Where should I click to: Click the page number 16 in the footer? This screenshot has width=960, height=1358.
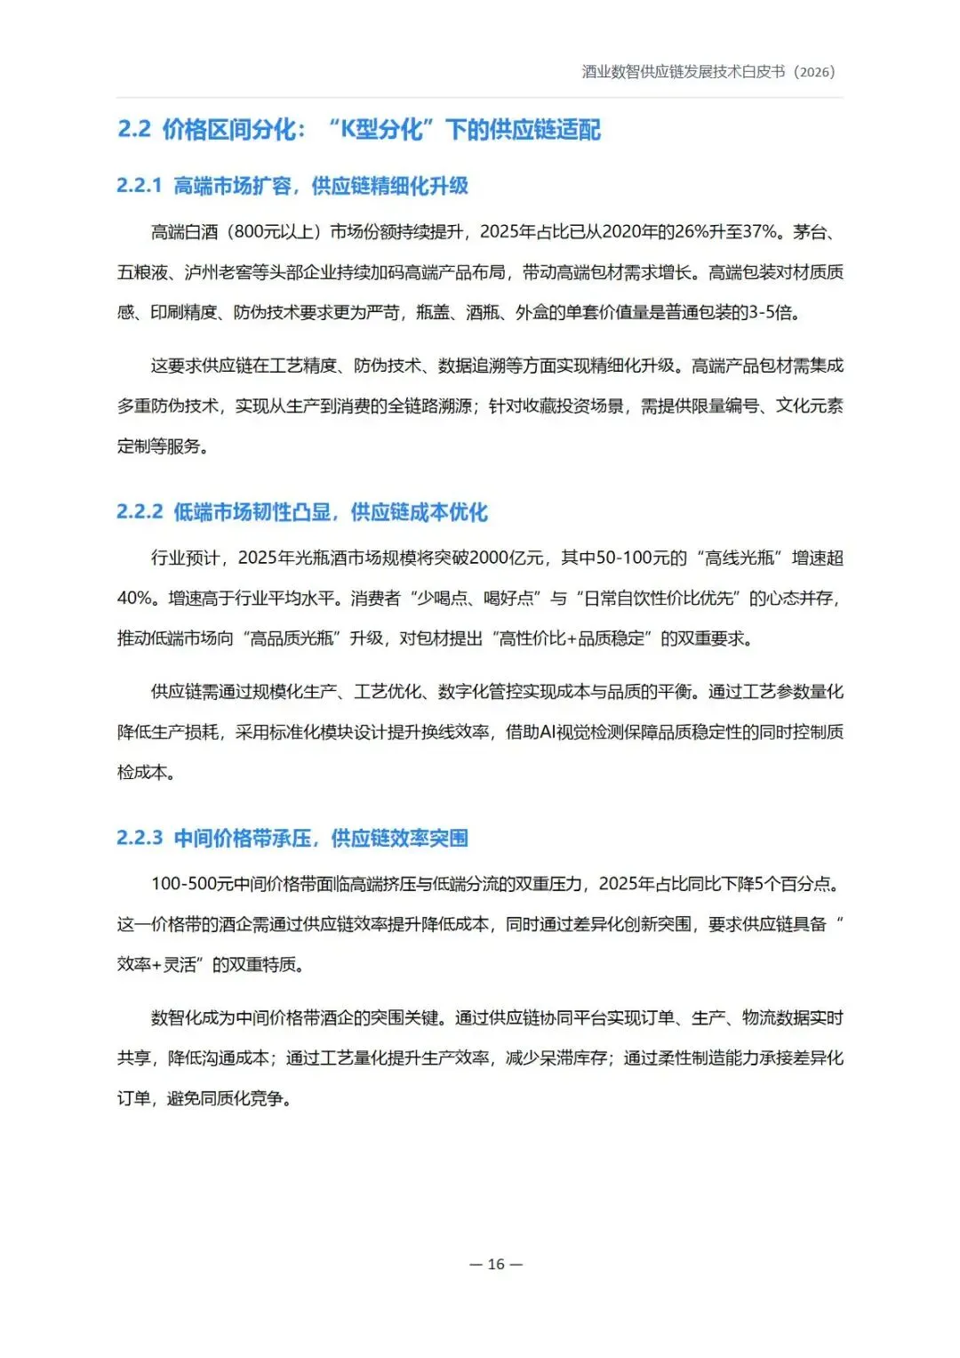pos(496,1264)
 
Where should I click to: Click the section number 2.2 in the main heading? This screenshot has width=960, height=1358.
pos(134,129)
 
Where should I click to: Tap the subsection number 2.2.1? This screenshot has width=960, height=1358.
pos(140,185)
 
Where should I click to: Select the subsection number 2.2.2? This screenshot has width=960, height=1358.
pos(140,511)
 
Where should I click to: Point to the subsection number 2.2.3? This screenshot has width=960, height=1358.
pos(140,838)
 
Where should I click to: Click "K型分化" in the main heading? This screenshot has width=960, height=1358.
pos(381,129)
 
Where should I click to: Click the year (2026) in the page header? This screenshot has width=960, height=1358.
pos(814,72)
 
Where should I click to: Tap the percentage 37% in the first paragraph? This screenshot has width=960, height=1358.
pos(759,232)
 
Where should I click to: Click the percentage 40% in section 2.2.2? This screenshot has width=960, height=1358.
pos(136,598)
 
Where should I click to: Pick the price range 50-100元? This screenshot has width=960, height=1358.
pos(641,558)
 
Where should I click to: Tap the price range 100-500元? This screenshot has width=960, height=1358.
pos(192,884)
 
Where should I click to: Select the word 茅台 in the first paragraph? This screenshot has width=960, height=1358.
pos(810,232)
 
